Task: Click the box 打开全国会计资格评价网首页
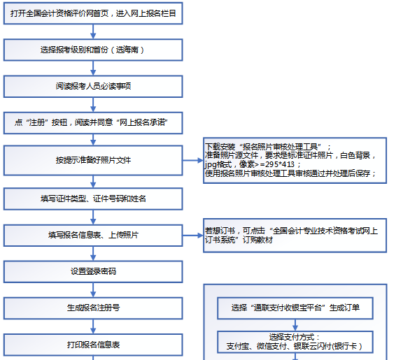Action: pos(93,13)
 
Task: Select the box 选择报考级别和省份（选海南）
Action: pos(93,50)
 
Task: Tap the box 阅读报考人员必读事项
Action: pos(93,87)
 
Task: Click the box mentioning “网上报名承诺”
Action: pos(93,124)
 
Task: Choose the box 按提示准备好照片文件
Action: pos(93,160)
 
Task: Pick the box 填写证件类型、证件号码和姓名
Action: pos(93,198)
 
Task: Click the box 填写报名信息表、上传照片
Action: pos(93,235)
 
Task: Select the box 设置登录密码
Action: pos(93,271)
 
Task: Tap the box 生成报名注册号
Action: pos(93,308)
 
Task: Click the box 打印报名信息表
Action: pos(93,345)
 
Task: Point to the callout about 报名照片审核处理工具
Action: pos(294,160)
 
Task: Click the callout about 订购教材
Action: pos(294,235)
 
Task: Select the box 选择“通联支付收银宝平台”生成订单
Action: pos(295,308)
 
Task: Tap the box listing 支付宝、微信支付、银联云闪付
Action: pos(295,341)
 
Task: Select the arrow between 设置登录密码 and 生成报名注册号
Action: pos(93,289)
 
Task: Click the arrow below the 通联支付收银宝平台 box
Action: pos(295,324)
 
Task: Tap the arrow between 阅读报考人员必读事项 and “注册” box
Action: pos(93,105)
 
